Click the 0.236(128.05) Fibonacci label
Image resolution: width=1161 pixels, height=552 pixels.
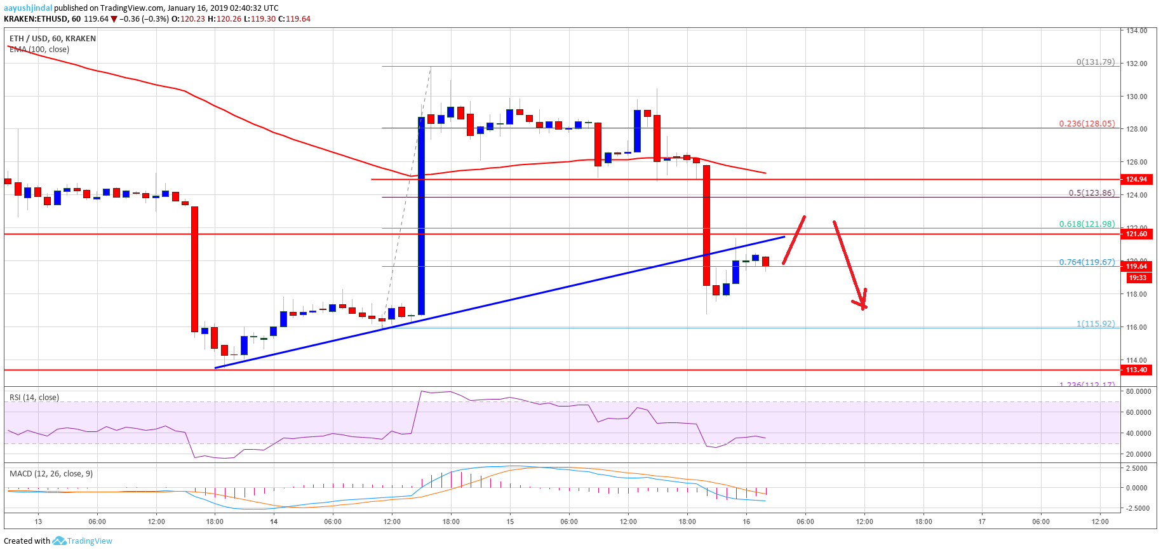click(1086, 124)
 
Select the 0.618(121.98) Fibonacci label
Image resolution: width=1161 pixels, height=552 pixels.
click(1086, 224)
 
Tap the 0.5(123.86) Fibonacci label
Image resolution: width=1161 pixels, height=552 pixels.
click(1091, 193)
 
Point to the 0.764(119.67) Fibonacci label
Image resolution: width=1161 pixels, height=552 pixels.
click(1086, 262)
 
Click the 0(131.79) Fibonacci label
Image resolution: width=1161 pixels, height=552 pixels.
click(1095, 62)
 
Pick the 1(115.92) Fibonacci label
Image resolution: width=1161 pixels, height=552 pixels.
click(1095, 323)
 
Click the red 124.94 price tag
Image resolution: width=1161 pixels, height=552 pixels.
click(1136, 180)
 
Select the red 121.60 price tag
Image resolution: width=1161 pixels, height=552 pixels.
click(1136, 234)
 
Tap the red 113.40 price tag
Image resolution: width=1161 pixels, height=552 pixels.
click(1136, 370)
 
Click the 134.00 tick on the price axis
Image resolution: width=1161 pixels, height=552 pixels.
click(1136, 30)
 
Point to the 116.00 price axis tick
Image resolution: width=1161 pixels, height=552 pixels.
click(1136, 327)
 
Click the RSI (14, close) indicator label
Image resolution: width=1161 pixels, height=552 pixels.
click(34, 398)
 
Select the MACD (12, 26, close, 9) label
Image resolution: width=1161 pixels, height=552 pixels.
click(51, 474)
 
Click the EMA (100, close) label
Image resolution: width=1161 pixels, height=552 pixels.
click(39, 50)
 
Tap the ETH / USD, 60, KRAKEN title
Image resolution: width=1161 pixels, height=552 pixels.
click(53, 39)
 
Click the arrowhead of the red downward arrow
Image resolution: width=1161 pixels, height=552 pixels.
click(862, 305)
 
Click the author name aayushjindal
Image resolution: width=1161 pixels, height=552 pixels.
click(28, 8)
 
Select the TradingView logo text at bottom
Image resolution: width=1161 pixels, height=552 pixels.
click(89, 541)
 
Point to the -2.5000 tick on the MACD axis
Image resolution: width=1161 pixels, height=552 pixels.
click(1136, 508)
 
